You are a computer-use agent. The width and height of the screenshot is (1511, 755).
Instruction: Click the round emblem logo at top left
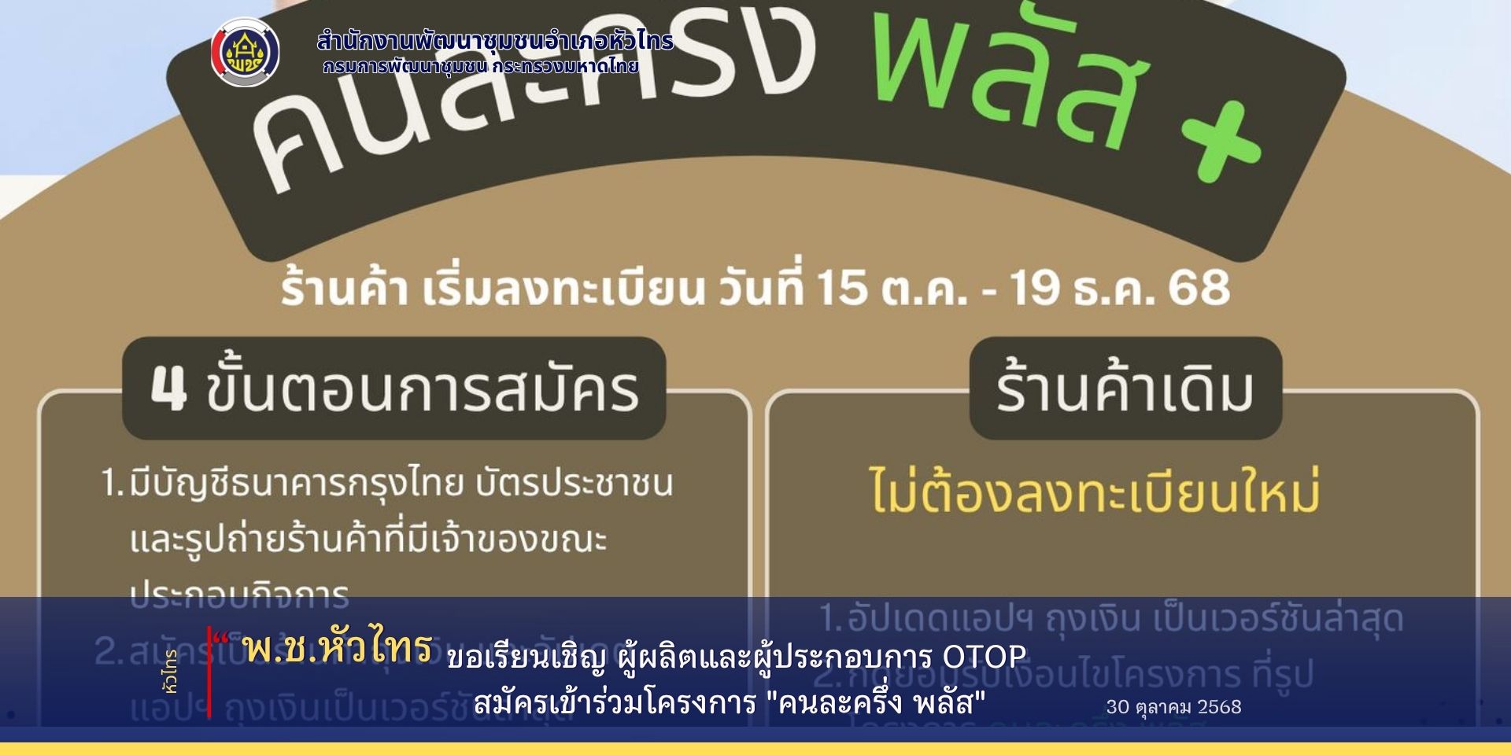[x=246, y=52]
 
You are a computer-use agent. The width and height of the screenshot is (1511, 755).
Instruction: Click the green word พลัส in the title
[x=1007, y=75]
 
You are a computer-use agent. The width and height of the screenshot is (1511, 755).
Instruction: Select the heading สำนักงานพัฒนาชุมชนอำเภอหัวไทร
[x=495, y=41]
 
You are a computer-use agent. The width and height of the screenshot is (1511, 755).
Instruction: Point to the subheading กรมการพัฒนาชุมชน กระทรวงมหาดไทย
[x=480, y=67]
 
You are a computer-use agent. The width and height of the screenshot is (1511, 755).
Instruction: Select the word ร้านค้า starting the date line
[x=344, y=289]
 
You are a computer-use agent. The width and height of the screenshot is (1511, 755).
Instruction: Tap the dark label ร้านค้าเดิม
[x=1125, y=389]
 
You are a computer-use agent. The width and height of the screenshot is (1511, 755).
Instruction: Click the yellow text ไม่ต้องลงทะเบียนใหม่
[x=1094, y=492]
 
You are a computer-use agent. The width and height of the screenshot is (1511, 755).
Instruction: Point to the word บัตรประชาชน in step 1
[x=574, y=484]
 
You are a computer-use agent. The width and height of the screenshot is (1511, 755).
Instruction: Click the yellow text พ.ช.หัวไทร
[x=337, y=647]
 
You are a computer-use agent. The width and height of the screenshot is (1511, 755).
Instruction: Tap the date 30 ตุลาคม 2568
[x=1173, y=706]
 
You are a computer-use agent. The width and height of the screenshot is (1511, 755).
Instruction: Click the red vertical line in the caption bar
[x=209, y=672]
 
